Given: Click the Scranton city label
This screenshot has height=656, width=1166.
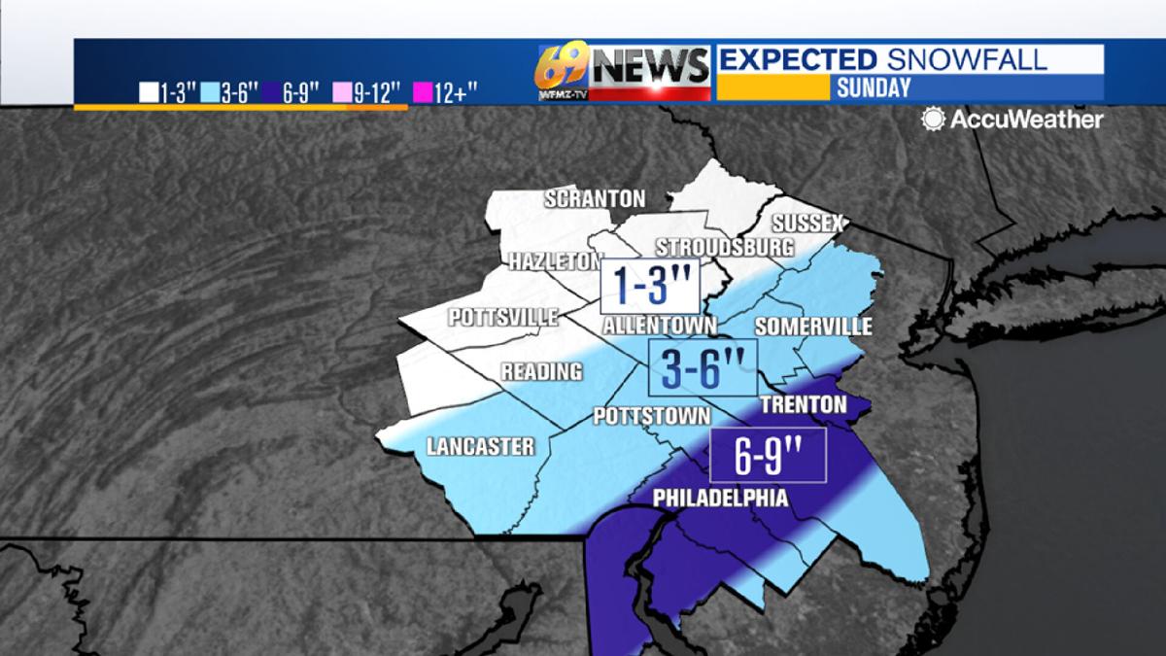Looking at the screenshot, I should coord(595,199).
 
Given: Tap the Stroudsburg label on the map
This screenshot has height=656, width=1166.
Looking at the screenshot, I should coord(724,247).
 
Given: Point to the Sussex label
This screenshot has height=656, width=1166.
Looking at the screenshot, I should coord(807,224).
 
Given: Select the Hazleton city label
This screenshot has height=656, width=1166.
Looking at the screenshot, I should coord(556,261).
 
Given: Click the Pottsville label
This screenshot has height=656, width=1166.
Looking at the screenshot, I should coord(503,318).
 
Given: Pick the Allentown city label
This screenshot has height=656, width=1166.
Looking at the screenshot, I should coord(660,326).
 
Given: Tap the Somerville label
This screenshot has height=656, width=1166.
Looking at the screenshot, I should coord(813,327).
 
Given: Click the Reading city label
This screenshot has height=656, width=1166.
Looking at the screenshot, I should coord(542,371).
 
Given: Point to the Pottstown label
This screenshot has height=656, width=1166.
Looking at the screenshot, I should coord(652,417).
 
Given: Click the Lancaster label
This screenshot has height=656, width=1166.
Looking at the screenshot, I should coord(480,447).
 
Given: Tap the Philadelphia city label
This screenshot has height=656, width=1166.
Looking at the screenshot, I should coord(720,498).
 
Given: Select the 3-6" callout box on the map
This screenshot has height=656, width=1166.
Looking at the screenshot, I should coord(703,367).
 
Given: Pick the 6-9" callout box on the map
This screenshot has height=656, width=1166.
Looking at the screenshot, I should coord(768,456).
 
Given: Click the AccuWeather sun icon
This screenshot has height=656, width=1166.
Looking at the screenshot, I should coord(934,120).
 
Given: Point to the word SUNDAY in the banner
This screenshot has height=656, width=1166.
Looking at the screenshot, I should coord(873,87).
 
